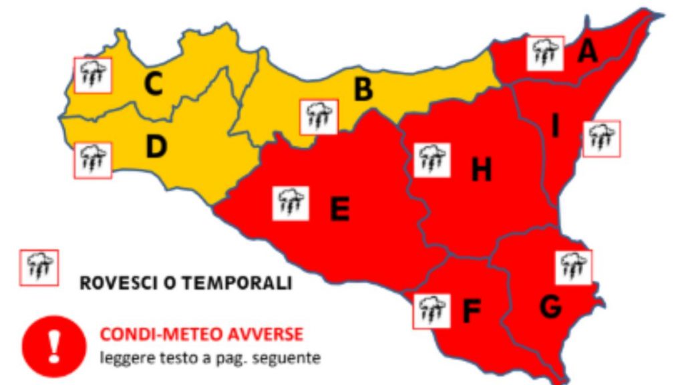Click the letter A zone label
point(587,51)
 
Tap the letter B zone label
point(363,89)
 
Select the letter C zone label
point(154,84)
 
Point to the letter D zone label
point(156,148)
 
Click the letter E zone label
point(339,210)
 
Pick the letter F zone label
point(472,311)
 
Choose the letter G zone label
point(549,306)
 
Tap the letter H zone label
point(481,170)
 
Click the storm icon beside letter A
point(545,53)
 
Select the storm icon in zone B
point(319,117)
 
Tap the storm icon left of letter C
point(92,75)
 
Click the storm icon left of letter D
point(92,160)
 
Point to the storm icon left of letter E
point(291,203)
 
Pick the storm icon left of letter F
point(432,311)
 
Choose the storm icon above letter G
point(573,267)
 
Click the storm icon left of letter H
point(432,160)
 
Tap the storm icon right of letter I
point(601,139)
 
